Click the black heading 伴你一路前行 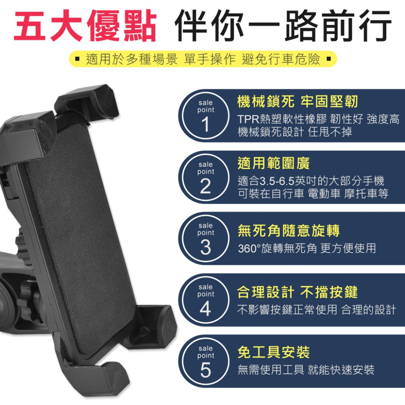283,26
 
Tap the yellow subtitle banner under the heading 202,60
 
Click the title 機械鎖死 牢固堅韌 298,102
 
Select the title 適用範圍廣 273,163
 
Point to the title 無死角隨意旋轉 288,231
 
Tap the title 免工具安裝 273,352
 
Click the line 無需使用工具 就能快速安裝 306,370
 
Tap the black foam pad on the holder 81,235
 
